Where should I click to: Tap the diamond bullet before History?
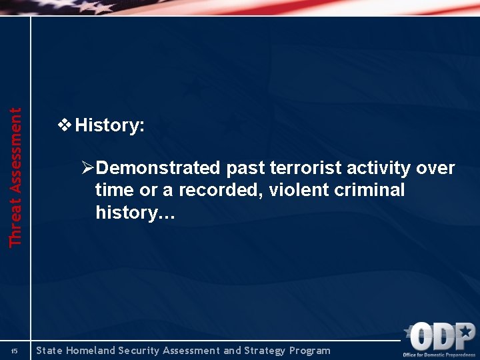pyautogui.click(x=65, y=125)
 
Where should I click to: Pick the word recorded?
pyautogui.click(x=213, y=190)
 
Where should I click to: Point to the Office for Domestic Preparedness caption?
pyautogui.click(x=439, y=355)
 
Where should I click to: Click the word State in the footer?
pyautogui.click(x=50, y=351)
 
